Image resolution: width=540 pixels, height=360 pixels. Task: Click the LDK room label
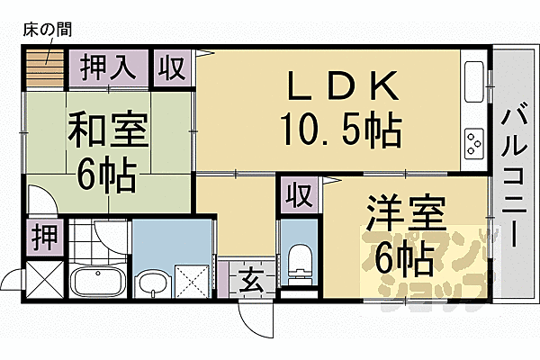(x=341, y=87)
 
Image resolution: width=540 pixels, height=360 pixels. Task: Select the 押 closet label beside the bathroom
(x=41, y=237)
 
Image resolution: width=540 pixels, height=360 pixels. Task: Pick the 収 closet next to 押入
(x=172, y=67)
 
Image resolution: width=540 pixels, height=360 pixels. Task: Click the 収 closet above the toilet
(x=297, y=193)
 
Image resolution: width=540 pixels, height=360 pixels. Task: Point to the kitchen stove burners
(x=473, y=142)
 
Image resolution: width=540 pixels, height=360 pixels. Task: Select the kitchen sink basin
(x=474, y=80)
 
